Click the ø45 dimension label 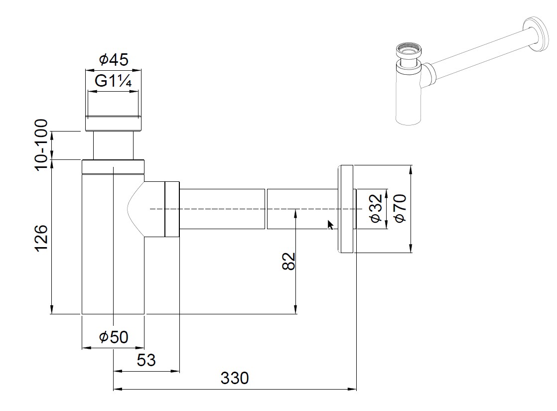tap(114, 60)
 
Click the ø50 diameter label tap(114, 337)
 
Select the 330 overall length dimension tap(234, 378)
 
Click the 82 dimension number tap(289, 261)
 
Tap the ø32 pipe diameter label tap(376, 209)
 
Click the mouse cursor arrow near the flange tap(330, 225)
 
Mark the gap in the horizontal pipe tap(266, 209)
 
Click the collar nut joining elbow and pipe tap(171, 209)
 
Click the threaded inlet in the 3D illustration tap(408, 52)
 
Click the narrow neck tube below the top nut tap(114, 145)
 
